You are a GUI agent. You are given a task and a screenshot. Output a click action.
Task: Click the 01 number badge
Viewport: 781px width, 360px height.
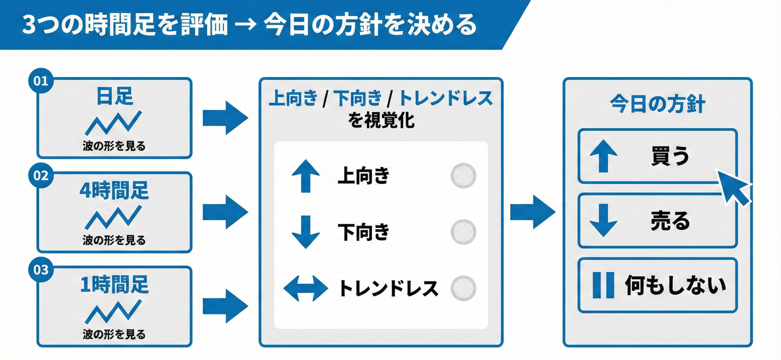(x=41, y=81)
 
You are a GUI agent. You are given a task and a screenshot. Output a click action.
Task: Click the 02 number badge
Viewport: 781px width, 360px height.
(x=41, y=175)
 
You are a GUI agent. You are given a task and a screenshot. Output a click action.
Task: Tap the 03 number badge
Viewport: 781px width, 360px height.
(x=41, y=270)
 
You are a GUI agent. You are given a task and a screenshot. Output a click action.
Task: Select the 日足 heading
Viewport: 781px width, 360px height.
(x=115, y=96)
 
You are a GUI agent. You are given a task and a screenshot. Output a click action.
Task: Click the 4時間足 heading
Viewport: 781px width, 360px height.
(x=114, y=191)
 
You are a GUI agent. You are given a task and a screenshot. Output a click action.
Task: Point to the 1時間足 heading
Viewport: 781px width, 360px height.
(x=114, y=285)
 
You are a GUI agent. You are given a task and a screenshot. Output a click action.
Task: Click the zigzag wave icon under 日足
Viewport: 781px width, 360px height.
(x=113, y=123)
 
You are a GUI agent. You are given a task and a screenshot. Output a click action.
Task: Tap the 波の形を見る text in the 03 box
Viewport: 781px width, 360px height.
(x=114, y=334)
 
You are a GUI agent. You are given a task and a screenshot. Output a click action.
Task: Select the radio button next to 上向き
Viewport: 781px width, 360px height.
(x=463, y=176)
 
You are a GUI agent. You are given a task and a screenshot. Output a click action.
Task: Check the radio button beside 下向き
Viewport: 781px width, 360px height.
(x=463, y=232)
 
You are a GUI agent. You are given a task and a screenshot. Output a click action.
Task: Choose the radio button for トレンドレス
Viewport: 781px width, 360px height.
(x=463, y=288)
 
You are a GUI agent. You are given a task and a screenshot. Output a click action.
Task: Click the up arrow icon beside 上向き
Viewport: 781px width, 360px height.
(x=306, y=176)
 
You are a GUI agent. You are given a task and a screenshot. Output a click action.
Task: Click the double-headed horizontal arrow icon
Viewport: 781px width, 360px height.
(x=306, y=288)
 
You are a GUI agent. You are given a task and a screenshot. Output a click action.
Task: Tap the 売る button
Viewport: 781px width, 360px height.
(x=657, y=221)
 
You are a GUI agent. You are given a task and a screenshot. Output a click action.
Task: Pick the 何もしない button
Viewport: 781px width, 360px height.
(x=657, y=285)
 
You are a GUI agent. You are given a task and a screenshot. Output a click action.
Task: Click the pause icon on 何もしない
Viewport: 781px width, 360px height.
(x=603, y=285)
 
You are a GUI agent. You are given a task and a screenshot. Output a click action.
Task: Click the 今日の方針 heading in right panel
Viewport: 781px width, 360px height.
(x=657, y=104)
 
